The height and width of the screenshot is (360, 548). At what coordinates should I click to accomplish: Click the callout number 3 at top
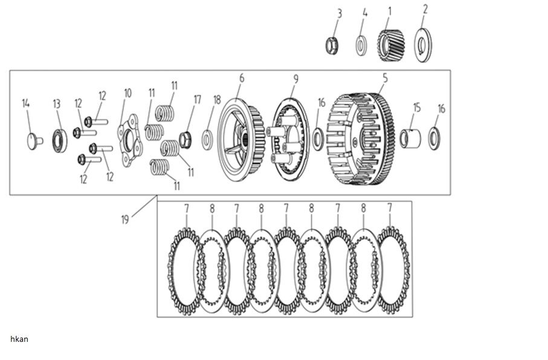pos(340,14)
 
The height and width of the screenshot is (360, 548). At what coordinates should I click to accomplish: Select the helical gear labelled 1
pos(391,45)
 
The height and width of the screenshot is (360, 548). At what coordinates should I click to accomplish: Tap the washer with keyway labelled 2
pos(423,45)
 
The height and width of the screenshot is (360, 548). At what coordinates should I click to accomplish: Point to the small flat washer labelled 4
pos(361,45)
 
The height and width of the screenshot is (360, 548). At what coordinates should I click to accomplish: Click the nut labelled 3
pos(332,45)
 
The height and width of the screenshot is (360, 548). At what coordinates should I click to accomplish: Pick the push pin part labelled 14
pos(34,141)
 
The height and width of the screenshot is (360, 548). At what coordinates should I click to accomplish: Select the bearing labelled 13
pos(60,141)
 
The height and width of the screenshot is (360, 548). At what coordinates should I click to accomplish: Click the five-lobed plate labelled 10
pos(130,140)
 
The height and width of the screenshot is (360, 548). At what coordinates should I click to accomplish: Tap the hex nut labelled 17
pos(185,140)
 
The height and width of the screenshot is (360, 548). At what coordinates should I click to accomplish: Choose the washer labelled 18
pos(207,140)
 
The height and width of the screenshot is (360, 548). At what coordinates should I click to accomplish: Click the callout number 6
pos(242,79)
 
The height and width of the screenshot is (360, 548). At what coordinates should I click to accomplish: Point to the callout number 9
pos(295,79)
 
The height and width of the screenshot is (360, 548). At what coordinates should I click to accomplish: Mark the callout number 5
pos(385,78)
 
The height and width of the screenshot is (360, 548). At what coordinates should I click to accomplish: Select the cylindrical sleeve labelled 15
pos(410,139)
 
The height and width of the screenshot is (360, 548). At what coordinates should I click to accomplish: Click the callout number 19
pos(125,219)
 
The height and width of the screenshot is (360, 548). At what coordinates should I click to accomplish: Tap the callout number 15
pos(417,108)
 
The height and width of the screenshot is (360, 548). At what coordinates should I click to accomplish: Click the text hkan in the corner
pos(19,339)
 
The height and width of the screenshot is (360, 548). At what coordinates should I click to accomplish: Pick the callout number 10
pos(127,93)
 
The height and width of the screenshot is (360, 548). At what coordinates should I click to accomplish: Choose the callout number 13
pos(57,104)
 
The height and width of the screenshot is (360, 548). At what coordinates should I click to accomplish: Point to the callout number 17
pos(198,100)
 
